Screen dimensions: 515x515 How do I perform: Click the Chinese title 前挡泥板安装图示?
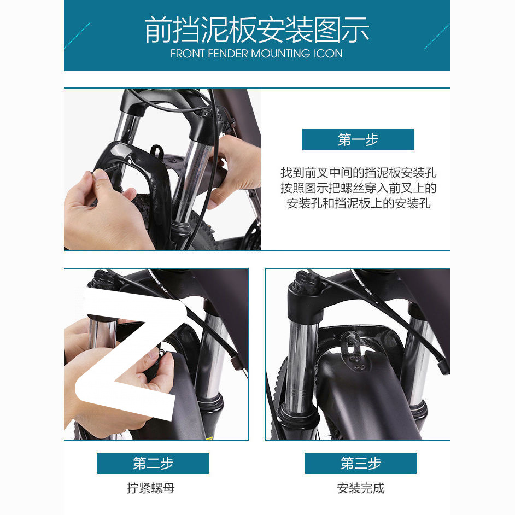pos(257,30)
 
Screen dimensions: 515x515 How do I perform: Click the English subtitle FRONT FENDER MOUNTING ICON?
pos(256,54)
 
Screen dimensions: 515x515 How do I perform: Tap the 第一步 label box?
pos(358,140)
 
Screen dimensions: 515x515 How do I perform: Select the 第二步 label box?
pos(153,464)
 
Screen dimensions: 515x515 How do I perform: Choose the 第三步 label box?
pos(360,464)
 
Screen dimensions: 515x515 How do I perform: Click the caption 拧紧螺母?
pos(151,488)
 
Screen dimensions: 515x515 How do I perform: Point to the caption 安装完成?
pos(360,488)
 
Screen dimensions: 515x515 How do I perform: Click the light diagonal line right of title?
pos(437,36)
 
